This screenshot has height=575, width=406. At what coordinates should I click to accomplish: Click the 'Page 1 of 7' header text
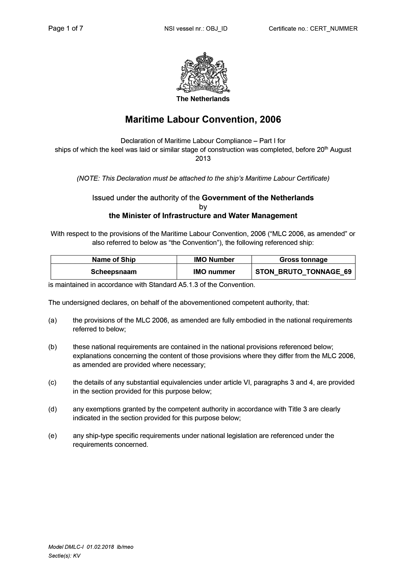pos(66,28)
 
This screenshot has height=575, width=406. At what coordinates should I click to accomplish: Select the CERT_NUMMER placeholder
pos(334,29)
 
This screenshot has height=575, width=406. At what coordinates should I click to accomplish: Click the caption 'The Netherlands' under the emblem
pos(203,99)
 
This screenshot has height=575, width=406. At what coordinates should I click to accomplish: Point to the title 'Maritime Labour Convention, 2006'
pos(203,119)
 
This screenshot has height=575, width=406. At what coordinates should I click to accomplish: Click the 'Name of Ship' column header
pos(114,259)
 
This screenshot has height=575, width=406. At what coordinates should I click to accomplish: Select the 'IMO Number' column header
pos(214,259)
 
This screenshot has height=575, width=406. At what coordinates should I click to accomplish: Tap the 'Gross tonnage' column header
pos(303,259)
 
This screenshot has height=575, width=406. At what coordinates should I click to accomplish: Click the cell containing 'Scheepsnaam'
pos(114,272)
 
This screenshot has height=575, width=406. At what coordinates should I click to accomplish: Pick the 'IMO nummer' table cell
pos(214,272)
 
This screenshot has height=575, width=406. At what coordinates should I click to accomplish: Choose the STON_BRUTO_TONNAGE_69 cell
pos(303,272)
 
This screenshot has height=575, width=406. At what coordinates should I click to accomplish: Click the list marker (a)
pos(52,320)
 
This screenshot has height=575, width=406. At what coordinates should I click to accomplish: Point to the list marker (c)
pos(52,382)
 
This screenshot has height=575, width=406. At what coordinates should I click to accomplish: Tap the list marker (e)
pos(52,436)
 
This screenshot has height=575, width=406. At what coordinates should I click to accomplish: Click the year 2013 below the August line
pos(203,158)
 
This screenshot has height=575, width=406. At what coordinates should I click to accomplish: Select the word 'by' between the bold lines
pos(203,207)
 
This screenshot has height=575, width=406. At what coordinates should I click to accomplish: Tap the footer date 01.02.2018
pos(100,547)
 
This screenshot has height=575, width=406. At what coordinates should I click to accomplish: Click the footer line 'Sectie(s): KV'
pos(64,556)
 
